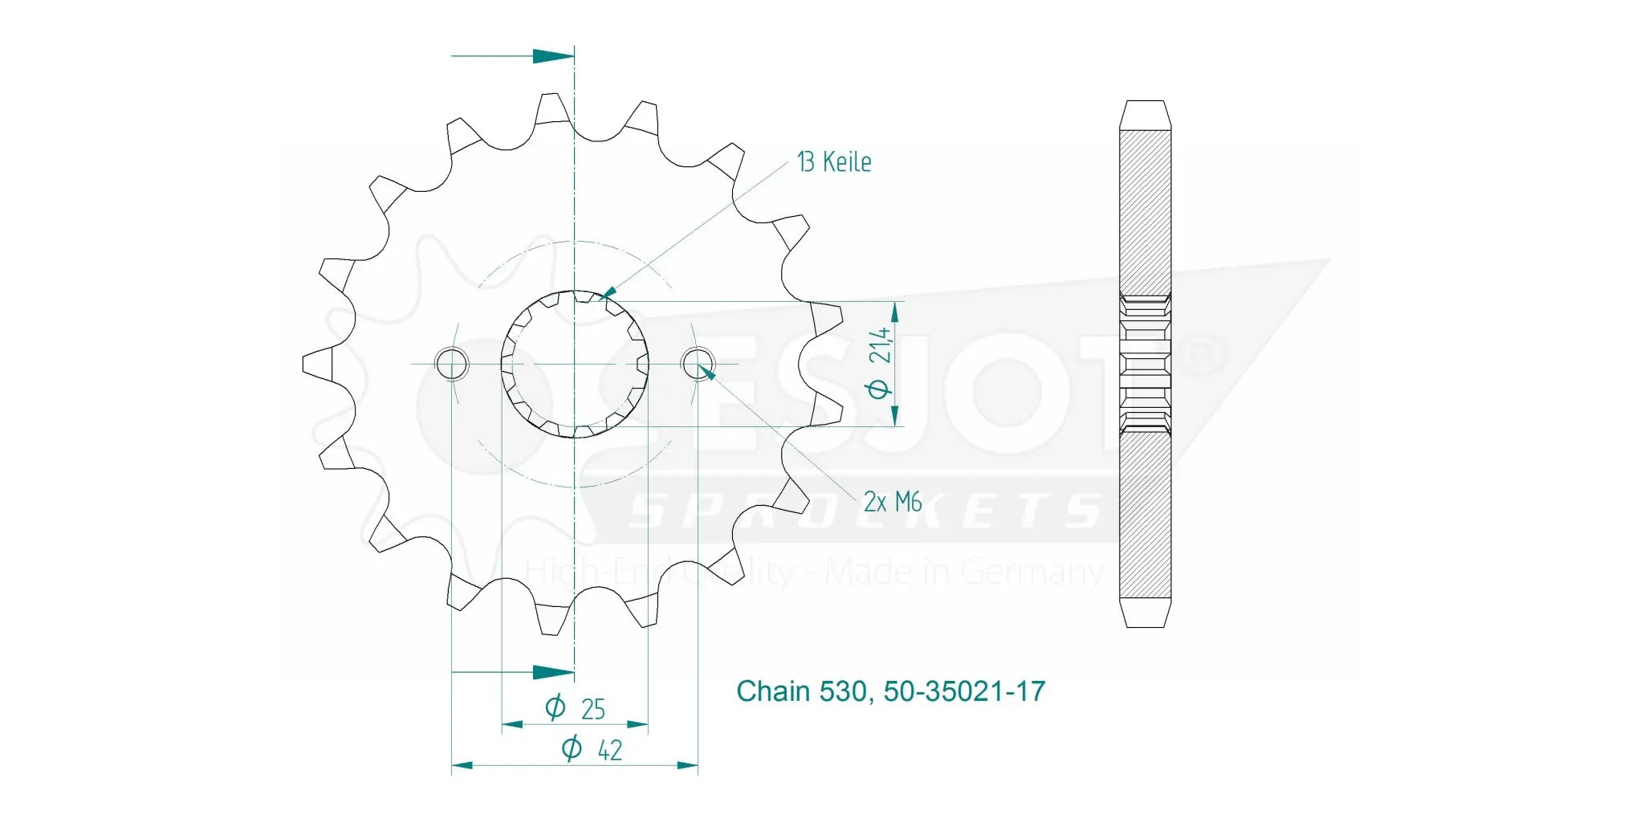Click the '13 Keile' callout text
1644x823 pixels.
(834, 162)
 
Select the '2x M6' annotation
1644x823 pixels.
(892, 503)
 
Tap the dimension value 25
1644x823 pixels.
(592, 709)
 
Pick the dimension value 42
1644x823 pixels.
(609, 750)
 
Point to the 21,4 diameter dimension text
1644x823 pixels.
(881, 345)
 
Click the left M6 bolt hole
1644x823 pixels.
(451, 364)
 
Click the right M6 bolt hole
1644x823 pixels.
(698, 364)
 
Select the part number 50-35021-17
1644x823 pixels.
(964, 691)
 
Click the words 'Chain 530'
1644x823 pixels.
(800, 691)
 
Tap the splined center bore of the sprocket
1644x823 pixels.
(575, 364)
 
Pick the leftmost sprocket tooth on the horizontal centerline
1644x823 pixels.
(317, 364)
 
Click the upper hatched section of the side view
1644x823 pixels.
(1145, 213)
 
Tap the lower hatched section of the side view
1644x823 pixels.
(1145, 514)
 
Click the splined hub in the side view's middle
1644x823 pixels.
(1145, 364)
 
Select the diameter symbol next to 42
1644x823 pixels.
(571, 748)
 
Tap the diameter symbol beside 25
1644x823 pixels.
(555, 707)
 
